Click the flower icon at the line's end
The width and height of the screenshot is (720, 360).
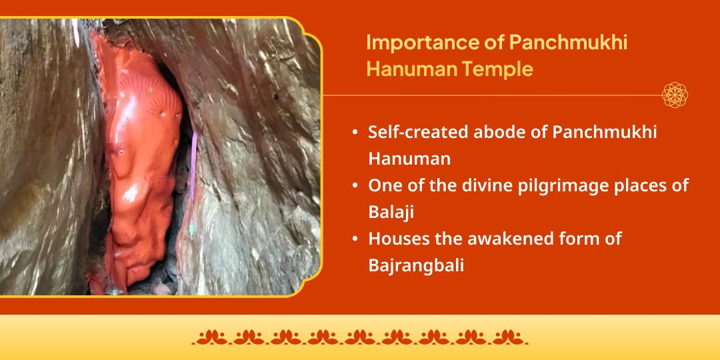pos(675,95)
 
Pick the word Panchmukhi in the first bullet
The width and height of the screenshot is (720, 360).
pos(605,132)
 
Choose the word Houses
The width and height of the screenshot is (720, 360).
pos(397,238)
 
